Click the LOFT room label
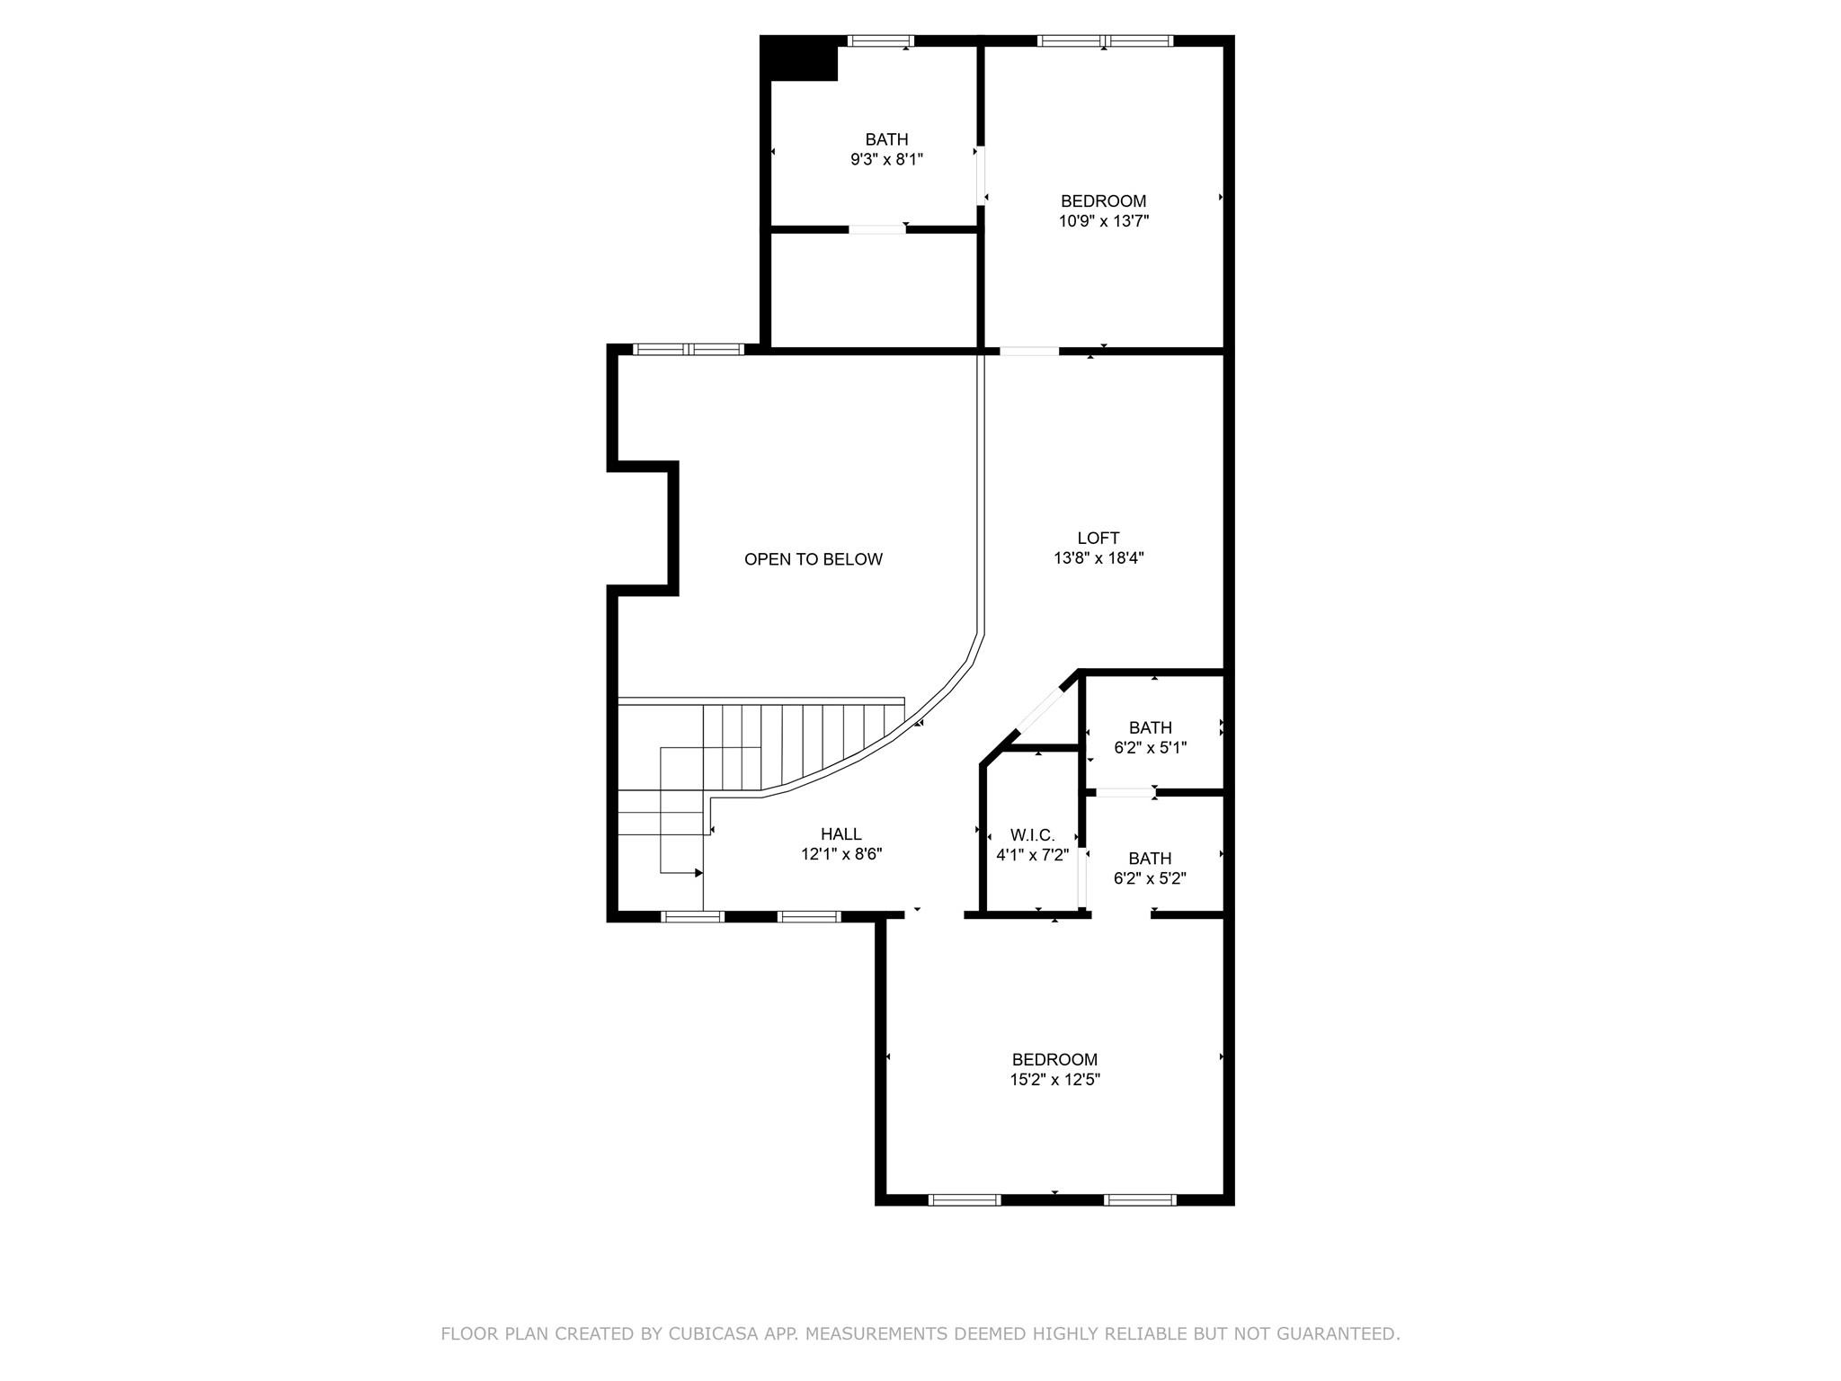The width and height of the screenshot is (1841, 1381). (x=1098, y=538)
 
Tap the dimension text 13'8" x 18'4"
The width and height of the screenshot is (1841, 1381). (x=1098, y=558)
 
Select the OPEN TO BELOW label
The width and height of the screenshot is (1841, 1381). (x=813, y=559)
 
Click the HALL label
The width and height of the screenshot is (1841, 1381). (x=840, y=834)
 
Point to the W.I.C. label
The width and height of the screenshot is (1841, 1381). (x=1032, y=835)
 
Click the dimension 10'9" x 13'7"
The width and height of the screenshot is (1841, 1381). (x=1103, y=221)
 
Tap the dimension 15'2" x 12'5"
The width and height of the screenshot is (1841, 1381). (x=1054, y=1080)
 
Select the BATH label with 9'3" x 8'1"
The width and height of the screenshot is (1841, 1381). (x=886, y=139)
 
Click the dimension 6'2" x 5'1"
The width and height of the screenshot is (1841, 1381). (x=1150, y=748)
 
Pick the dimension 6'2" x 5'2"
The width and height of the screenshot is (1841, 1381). (x=1150, y=878)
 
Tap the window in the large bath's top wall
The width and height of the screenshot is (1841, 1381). (x=881, y=40)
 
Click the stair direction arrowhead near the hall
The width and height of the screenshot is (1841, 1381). (x=698, y=872)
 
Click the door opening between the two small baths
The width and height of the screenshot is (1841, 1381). (x=1125, y=792)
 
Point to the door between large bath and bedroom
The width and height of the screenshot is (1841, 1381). (x=981, y=175)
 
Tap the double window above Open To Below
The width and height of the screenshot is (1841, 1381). (x=689, y=350)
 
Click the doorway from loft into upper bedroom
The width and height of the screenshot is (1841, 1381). (x=1029, y=351)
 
